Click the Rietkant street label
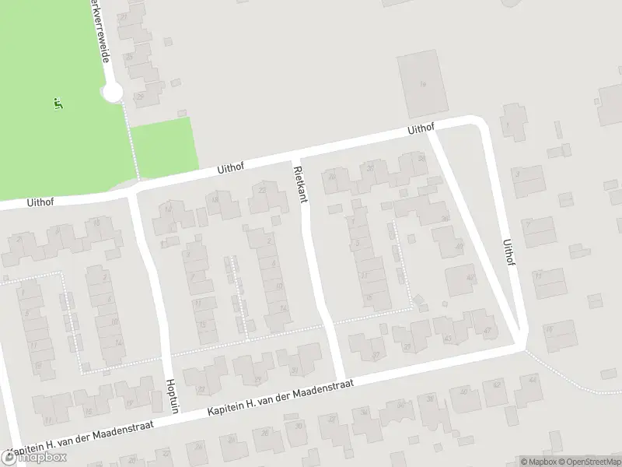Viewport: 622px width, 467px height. tap(301, 184)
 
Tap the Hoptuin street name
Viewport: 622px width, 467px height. tap(173, 400)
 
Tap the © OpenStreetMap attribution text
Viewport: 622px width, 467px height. tap(586, 461)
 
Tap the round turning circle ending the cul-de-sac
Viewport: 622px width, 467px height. tap(113, 93)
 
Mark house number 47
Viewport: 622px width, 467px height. tap(487, 331)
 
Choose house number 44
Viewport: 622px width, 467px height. tap(533, 379)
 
